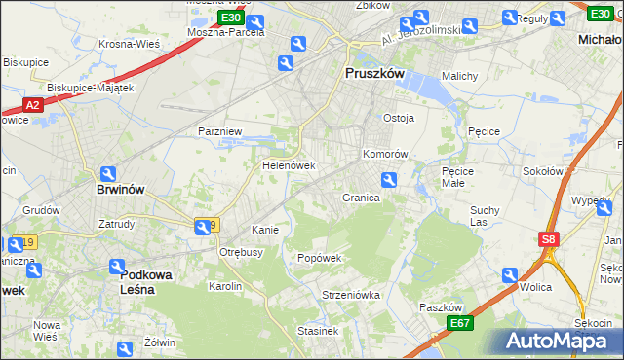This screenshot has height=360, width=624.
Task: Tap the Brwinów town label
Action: [x=121, y=190]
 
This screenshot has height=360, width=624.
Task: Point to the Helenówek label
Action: [x=289, y=165]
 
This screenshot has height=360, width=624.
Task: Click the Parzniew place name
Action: [x=219, y=130]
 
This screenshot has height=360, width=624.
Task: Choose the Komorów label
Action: [x=385, y=154]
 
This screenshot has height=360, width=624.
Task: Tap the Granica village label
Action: [x=361, y=197]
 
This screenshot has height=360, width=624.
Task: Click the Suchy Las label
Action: [x=485, y=215]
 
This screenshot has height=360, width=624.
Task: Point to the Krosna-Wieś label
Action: [x=129, y=44]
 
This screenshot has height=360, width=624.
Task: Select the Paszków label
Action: [x=439, y=306]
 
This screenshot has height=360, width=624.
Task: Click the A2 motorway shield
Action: [x=32, y=104]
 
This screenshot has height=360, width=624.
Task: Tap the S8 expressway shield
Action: [x=549, y=238]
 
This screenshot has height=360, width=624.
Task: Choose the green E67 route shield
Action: [x=460, y=323]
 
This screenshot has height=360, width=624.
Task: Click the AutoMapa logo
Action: [x=560, y=341]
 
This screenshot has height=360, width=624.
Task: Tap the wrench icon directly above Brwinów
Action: [x=108, y=173]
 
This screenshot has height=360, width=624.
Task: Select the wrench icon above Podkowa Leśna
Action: [x=116, y=266]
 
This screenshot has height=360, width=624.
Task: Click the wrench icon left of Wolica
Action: [x=509, y=275]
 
